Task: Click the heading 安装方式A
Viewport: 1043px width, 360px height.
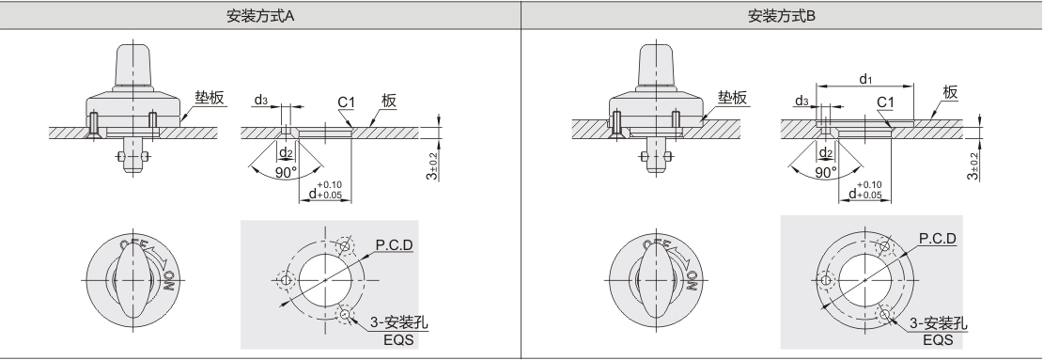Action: point(260,16)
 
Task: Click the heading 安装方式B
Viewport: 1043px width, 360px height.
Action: point(782,16)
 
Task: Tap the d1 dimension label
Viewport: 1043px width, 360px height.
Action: point(864,79)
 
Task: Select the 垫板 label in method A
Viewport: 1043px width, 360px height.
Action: point(210,99)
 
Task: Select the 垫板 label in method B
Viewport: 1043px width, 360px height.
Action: point(732,99)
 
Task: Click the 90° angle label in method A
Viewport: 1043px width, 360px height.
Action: point(286,172)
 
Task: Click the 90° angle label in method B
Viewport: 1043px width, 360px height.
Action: point(826,172)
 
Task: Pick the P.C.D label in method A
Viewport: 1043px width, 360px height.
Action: point(394,245)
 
